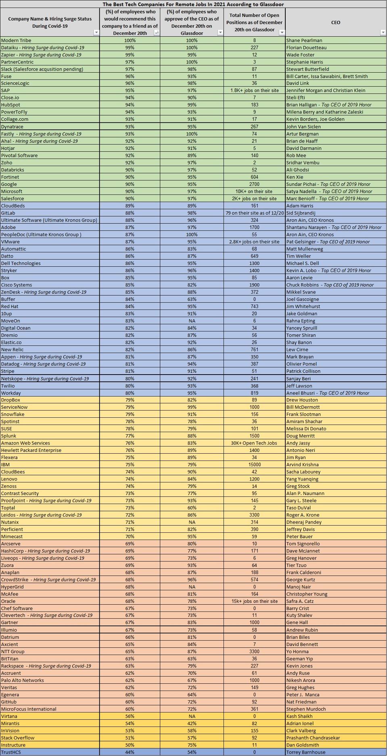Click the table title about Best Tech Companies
(193, 4)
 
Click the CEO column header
(335, 22)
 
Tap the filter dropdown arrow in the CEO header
(383, 32)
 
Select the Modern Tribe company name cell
(16, 40)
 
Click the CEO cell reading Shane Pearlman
(304, 40)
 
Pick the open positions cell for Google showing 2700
(254, 184)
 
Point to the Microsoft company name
(12, 191)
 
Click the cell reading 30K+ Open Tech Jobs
(254, 443)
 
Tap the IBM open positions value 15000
(254, 465)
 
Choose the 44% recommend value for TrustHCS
(130, 752)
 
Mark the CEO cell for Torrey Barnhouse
(305, 752)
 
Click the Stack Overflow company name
(17, 737)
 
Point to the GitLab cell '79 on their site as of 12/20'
(254, 213)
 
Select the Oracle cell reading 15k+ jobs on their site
(254, 601)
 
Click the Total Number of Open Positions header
(254, 22)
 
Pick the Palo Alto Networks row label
(22, 680)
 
